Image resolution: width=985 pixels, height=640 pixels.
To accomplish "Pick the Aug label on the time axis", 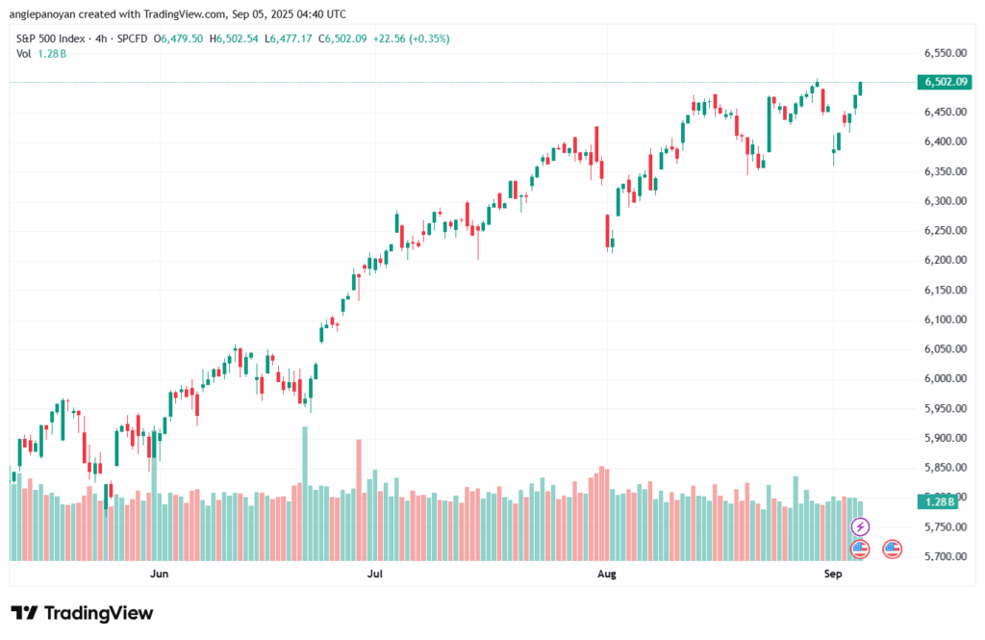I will (x=606, y=574).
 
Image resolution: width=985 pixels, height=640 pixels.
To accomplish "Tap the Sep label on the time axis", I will (x=833, y=574).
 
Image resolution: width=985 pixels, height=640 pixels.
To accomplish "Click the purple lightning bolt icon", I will (x=861, y=526).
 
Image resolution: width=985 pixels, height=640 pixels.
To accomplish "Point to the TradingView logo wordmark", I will (x=83, y=613).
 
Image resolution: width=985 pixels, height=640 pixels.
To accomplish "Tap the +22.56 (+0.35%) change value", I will (x=415, y=38).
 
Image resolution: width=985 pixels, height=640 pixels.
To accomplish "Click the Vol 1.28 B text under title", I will (x=41, y=54).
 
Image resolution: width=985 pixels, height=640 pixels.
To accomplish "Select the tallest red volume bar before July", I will (x=358, y=499).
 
